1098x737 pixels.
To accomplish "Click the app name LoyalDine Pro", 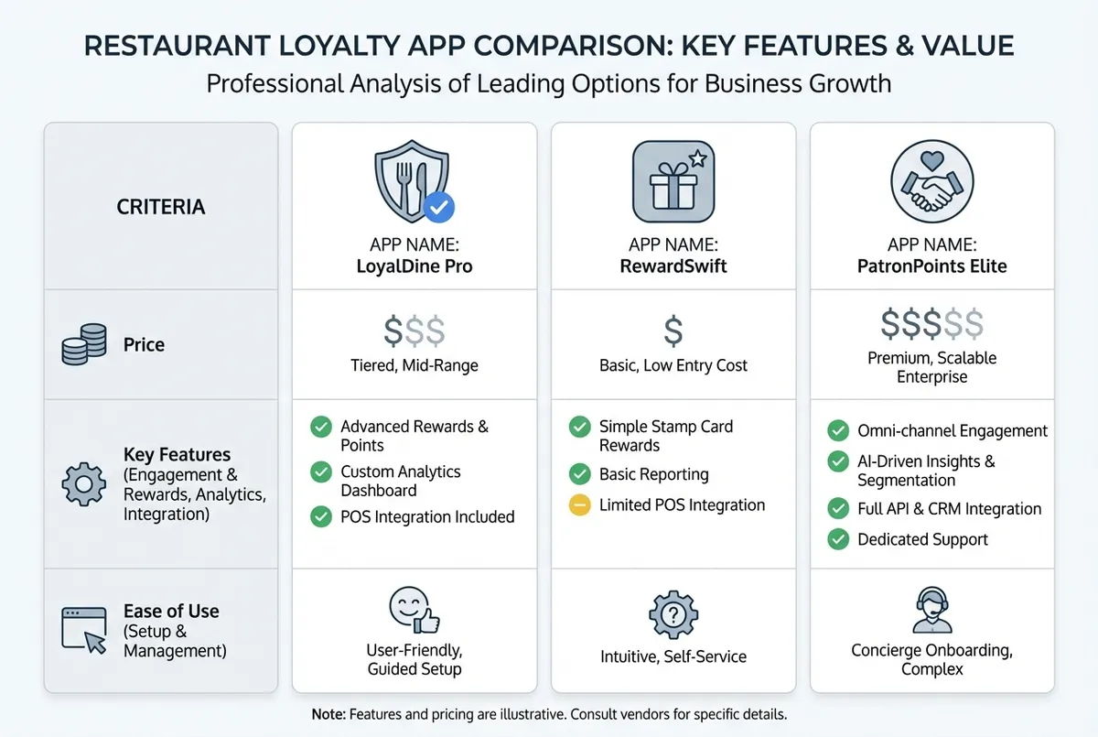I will coord(414,266).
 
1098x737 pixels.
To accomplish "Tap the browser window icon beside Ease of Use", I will coord(82,630).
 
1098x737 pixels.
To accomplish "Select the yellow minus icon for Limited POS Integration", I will coord(579,505).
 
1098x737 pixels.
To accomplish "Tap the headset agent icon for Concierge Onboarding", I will coord(932,610).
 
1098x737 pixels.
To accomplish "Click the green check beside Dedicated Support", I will coord(837,539).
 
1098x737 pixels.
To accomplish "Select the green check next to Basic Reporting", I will coord(579,474).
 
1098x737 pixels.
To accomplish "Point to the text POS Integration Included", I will coord(427,517).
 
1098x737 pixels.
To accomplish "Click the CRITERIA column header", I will coord(161,207).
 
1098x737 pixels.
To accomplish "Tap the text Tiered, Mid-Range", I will coord(414,365).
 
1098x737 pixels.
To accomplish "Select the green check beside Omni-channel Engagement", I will coord(837,430).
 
